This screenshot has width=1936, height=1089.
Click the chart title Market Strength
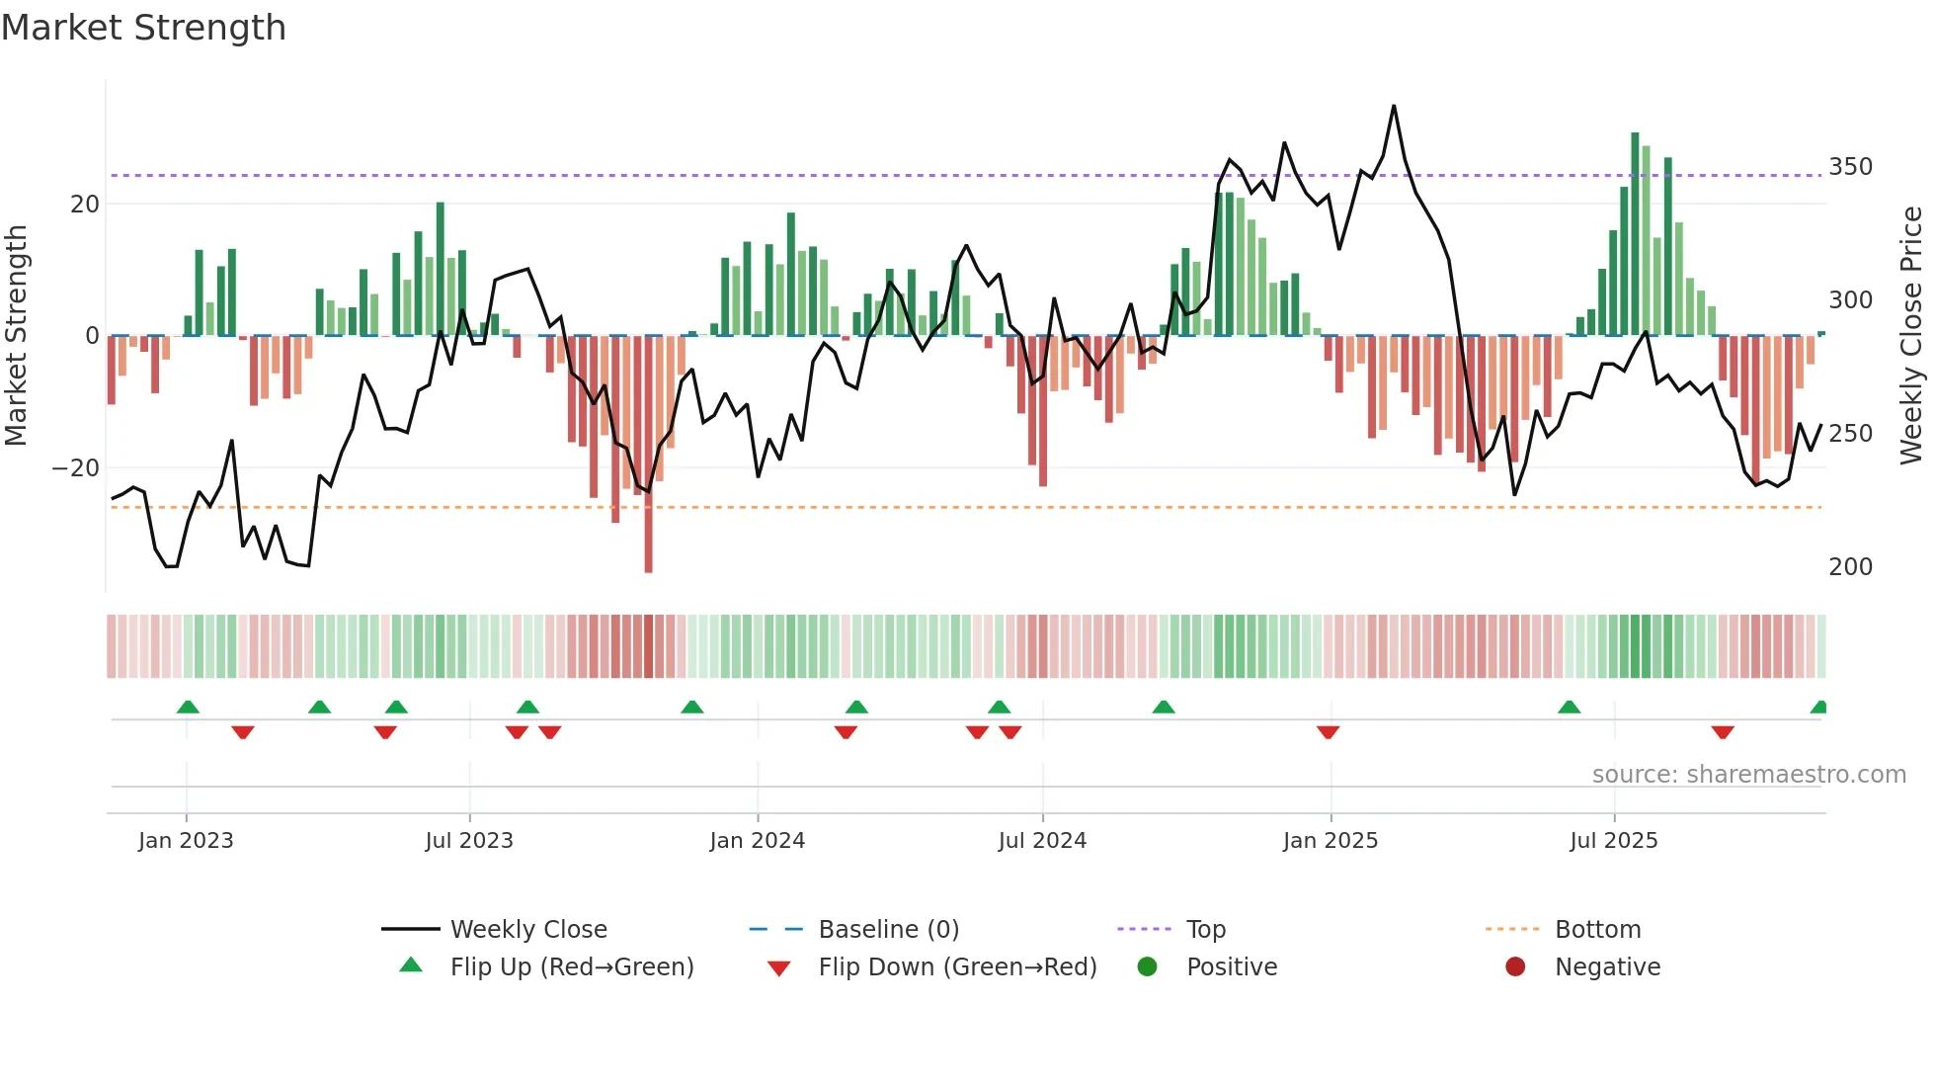click(143, 28)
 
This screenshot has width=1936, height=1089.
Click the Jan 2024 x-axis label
click(757, 841)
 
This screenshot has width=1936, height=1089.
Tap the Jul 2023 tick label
click(469, 841)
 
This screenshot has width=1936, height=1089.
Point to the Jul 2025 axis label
click(1613, 841)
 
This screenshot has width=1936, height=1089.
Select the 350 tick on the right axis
click(1850, 167)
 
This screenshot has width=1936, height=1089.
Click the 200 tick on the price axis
click(1850, 567)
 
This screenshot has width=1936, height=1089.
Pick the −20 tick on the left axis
click(76, 468)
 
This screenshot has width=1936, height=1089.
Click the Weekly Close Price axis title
click(1911, 336)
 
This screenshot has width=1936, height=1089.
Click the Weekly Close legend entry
click(528, 930)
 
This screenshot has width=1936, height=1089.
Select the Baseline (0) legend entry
click(888, 930)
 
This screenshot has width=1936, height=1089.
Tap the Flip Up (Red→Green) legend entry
click(571, 967)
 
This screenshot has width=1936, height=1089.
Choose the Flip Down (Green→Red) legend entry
click(957, 967)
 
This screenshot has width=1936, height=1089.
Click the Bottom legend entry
click(1597, 930)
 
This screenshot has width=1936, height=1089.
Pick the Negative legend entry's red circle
click(1515, 967)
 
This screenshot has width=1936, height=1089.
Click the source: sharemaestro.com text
click(1748, 775)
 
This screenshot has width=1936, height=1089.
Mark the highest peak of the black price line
click(1394, 107)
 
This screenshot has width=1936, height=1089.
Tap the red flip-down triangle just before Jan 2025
click(1328, 732)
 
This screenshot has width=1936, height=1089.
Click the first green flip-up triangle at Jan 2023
click(188, 707)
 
